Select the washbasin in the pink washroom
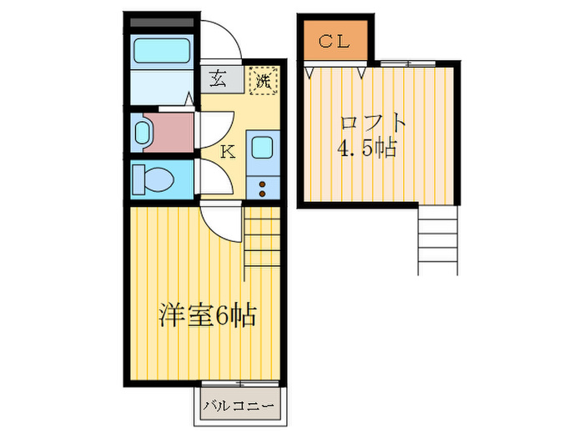(x=141, y=132)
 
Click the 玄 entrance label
(x=218, y=80)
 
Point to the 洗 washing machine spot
(x=263, y=81)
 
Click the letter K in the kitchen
(x=226, y=152)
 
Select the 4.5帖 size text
(x=367, y=150)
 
